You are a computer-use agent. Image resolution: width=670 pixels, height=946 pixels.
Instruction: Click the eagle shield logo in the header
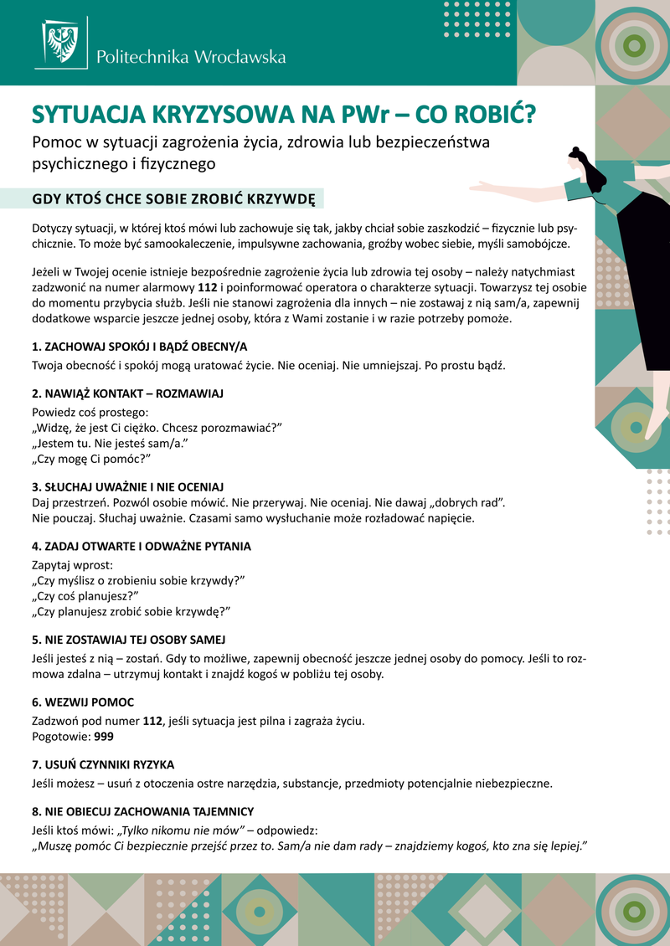point(61,44)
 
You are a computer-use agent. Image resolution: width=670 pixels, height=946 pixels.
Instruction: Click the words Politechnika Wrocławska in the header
point(191,58)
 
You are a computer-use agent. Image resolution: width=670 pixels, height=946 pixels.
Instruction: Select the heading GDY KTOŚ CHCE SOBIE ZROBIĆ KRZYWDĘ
point(173,199)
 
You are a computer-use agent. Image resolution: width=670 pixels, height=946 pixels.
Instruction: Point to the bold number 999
point(104,737)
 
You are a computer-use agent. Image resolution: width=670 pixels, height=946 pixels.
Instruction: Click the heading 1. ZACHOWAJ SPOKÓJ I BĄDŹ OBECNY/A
point(140,347)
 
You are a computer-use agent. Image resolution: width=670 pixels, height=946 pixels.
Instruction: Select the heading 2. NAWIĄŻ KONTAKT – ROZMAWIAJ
point(127,393)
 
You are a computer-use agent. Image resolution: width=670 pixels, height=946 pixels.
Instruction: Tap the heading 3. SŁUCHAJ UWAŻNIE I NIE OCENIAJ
point(139,486)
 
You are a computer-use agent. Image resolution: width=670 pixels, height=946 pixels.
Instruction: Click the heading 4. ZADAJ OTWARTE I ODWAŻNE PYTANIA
point(142,546)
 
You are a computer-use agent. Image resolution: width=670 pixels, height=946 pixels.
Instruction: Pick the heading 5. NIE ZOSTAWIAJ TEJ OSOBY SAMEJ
point(128,640)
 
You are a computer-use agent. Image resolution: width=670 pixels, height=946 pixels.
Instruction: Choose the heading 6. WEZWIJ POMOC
point(83,702)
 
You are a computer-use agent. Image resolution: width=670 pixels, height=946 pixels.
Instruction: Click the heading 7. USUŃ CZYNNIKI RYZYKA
point(103,764)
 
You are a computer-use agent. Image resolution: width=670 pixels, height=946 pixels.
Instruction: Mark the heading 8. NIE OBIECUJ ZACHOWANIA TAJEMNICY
point(142,811)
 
